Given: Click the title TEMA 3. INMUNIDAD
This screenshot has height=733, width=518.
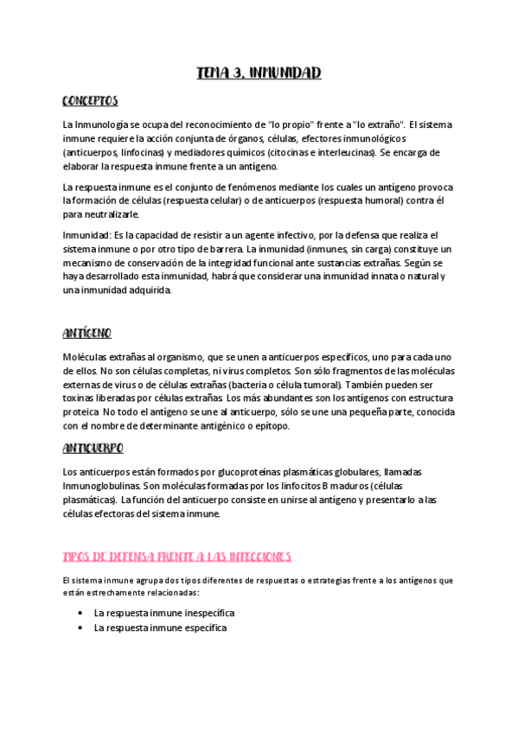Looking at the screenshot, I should [259, 73].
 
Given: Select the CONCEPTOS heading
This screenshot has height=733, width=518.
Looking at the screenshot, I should [90, 100].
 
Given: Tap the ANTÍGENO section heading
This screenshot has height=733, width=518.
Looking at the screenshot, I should [87, 333].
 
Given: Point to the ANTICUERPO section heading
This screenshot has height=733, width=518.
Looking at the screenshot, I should [93, 448].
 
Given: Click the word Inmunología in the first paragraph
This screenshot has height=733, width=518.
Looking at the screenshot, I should [105, 124].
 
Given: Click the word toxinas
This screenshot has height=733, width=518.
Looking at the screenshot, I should [81, 398].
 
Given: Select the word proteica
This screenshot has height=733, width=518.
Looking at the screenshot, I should [81, 412].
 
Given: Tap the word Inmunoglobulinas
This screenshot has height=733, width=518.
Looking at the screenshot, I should [102, 487].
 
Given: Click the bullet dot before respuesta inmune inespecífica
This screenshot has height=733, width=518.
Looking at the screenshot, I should [80, 613].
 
